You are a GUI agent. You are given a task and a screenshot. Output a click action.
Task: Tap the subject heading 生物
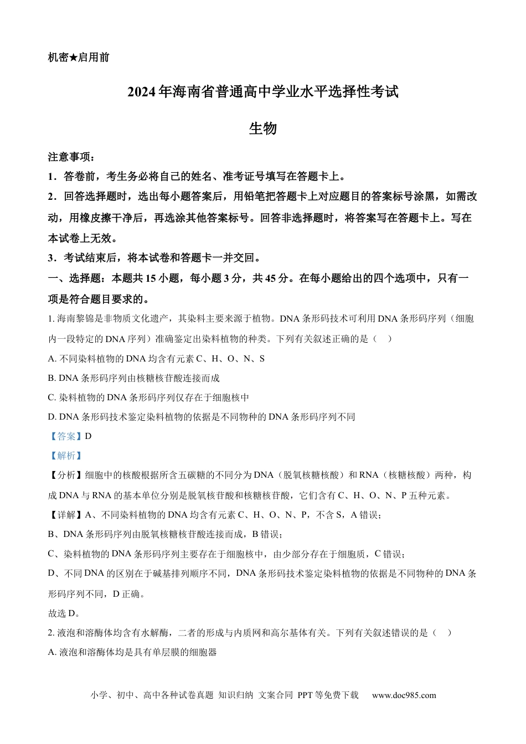[262, 129]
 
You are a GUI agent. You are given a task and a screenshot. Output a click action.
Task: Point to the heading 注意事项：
[71, 157]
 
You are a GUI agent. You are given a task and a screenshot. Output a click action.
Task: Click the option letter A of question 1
[51, 359]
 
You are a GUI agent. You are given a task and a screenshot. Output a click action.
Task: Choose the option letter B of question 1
[51, 378]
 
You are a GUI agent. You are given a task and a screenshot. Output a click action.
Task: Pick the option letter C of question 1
[51, 397]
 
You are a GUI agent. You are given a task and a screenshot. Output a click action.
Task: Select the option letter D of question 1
[51, 417]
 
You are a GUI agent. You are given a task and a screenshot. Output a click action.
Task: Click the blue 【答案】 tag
[66, 436]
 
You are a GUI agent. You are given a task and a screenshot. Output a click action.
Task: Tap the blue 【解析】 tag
[66, 456]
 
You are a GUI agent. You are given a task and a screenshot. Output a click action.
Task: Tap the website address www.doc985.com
[404, 695]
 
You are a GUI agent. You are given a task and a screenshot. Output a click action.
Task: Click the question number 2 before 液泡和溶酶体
[50, 633]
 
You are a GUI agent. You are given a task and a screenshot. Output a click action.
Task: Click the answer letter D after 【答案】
[88, 436]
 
